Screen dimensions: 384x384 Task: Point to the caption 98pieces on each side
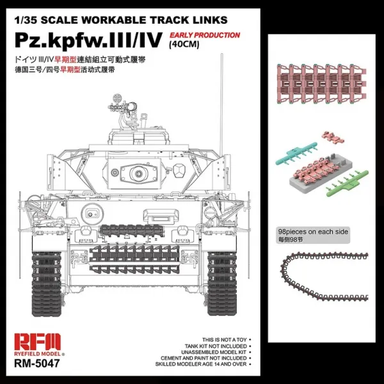[x=314, y=232]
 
